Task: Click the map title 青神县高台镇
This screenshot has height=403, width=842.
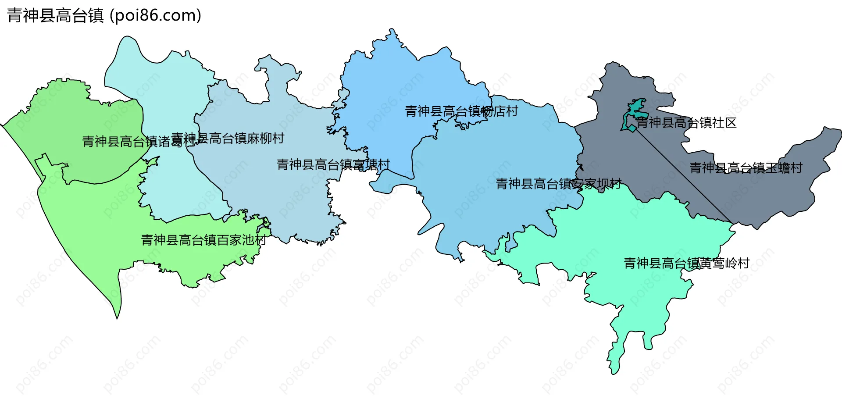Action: (x=55, y=16)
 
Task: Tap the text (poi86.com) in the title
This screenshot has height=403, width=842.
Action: (x=155, y=16)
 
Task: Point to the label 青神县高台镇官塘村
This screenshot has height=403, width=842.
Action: (x=333, y=165)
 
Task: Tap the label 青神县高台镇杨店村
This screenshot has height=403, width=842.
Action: (x=461, y=111)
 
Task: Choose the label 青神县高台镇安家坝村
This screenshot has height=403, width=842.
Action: (x=558, y=184)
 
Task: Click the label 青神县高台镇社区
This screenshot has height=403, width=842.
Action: (x=686, y=123)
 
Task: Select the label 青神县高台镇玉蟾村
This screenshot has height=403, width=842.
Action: (x=746, y=168)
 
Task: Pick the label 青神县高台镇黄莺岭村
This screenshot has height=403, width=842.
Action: (x=686, y=264)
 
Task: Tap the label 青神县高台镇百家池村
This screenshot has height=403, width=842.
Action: (x=203, y=240)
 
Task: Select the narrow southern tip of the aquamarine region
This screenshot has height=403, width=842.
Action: (x=614, y=360)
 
